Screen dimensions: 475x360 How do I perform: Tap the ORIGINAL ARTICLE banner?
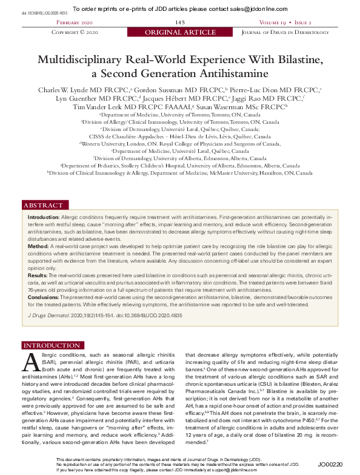click(180, 32)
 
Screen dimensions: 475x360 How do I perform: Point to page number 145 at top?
click(180, 22)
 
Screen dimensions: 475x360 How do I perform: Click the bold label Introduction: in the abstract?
click(44, 217)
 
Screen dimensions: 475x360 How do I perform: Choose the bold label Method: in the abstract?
click(38, 247)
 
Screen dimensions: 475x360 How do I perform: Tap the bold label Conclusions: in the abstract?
click(45, 297)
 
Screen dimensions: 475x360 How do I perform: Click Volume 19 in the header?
click(276, 22)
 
